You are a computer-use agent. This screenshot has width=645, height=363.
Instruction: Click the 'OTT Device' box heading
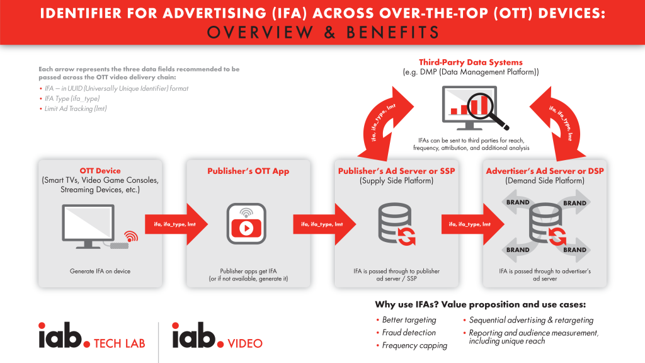[100, 170]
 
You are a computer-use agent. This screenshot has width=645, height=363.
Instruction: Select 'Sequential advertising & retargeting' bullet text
[530, 320]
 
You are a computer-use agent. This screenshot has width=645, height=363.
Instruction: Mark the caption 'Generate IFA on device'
[100, 271]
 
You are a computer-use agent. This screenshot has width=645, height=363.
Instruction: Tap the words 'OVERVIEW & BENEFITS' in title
[322, 32]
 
